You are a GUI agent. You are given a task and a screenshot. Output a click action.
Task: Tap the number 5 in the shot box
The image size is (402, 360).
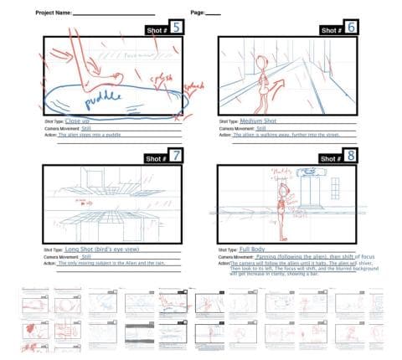[x=178, y=28]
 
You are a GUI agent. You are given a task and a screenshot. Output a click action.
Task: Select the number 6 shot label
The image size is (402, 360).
[x=351, y=28]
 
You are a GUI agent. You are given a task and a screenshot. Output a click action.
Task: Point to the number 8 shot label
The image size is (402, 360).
[x=351, y=156]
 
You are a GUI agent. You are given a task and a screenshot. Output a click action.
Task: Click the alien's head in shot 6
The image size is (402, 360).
[x=262, y=60]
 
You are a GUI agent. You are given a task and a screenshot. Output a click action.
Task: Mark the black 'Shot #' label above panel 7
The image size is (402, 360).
[x=156, y=157]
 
